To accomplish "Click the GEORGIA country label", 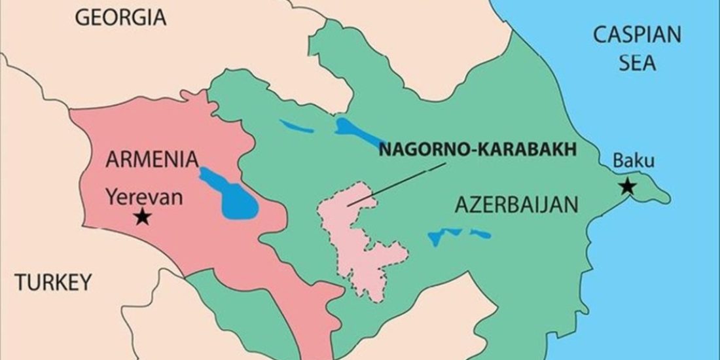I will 120,18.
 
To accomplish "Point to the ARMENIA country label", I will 152,159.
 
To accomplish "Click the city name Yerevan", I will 145,196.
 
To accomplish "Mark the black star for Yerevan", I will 141,217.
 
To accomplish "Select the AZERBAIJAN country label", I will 516,205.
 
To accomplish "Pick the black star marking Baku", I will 628,187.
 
